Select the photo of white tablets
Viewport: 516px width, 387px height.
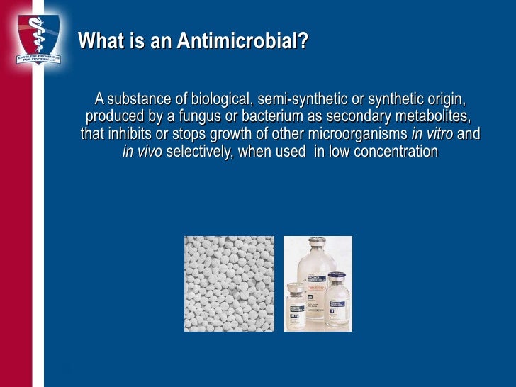(x=228, y=284)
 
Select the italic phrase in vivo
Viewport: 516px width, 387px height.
(x=142, y=151)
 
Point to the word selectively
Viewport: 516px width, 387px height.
(x=198, y=151)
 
